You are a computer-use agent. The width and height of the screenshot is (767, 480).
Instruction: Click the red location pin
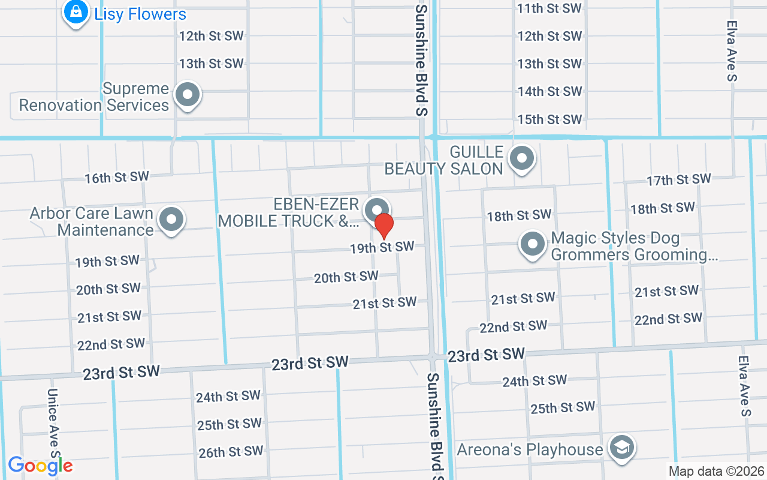[383, 226]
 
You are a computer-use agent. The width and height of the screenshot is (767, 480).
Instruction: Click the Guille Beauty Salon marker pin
[521, 159]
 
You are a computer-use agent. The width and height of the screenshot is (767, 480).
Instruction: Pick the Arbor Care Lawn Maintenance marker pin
[171, 220]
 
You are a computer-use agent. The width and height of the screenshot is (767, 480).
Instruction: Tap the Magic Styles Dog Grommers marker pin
[532, 244]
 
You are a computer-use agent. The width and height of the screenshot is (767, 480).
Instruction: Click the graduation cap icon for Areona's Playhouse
[621, 448]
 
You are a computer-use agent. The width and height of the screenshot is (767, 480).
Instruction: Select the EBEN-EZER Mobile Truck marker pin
[377, 210]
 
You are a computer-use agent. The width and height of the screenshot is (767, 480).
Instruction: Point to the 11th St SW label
[549, 8]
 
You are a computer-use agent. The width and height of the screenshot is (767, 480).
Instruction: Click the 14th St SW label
[549, 91]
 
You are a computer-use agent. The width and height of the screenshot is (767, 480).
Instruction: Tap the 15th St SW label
[549, 119]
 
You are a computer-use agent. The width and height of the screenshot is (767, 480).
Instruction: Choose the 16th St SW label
[116, 177]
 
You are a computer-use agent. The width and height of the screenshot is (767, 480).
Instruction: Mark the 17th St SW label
[678, 179]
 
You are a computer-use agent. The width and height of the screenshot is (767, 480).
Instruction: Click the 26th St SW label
[231, 451]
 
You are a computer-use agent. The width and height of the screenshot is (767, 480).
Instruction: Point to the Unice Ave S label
[52, 420]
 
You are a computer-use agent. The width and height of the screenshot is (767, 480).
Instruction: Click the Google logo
[40, 466]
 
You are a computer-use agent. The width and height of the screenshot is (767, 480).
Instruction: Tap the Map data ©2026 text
[717, 472]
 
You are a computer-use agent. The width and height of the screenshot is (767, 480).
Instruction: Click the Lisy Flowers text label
[140, 14]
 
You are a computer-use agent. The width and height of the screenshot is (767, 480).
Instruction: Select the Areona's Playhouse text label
[530, 449]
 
